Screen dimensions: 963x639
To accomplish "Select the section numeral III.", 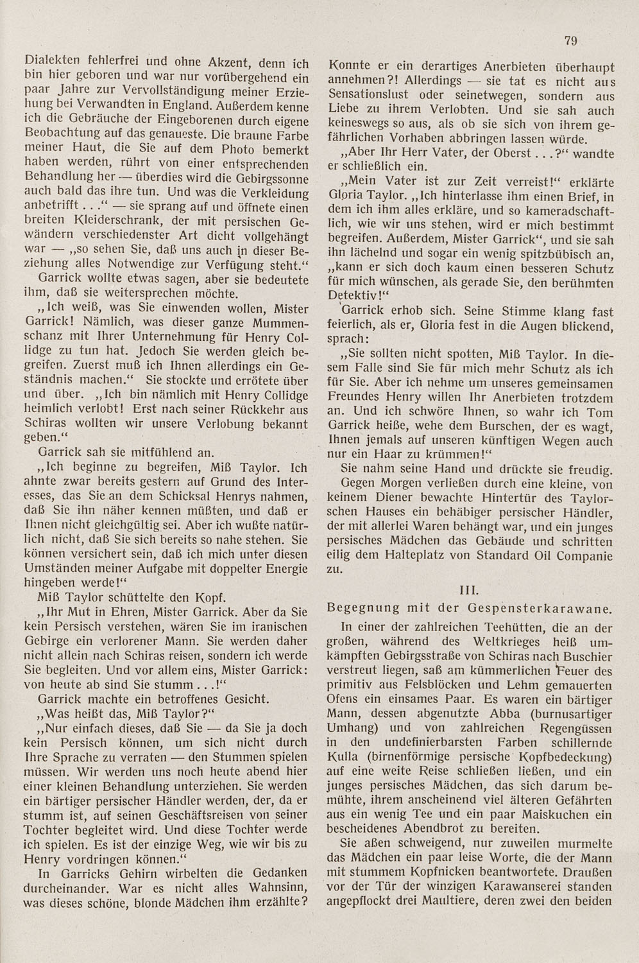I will point(471,589).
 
